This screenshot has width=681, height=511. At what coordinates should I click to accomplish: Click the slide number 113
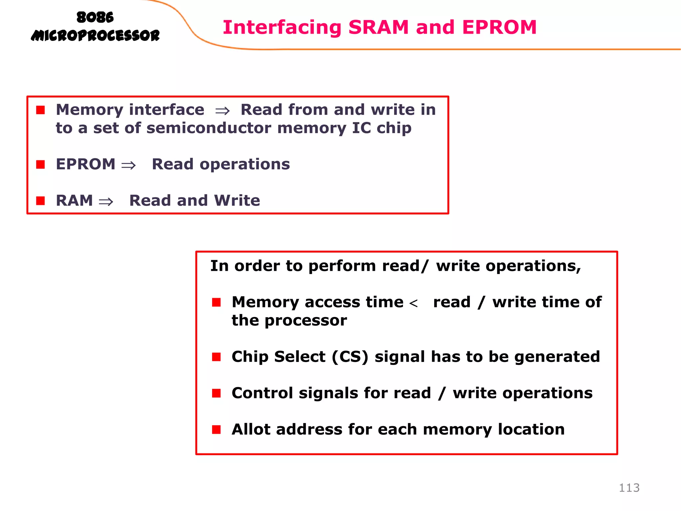(x=629, y=488)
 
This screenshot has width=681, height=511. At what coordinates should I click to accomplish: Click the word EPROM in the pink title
(x=499, y=27)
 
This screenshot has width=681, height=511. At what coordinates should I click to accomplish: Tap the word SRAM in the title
(x=378, y=27)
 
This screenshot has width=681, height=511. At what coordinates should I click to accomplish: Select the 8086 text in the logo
(x=95, y=17)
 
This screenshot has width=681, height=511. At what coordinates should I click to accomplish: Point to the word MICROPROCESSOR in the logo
(x=95, y=36)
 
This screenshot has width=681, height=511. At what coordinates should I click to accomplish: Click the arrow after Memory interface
(x=222, y=111)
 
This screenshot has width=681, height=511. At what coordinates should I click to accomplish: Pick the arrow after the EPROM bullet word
(x=128, y=165)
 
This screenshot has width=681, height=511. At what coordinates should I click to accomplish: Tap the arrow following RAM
(x=106, y=201)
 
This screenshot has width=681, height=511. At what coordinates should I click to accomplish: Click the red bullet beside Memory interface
(x=41, y=110)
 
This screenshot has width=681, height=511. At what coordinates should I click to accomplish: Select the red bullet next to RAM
(x=41, y=201)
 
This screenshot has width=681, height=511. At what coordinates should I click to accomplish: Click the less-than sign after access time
(x=413, y=303)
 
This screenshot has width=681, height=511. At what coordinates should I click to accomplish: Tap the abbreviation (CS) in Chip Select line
(x=350, y=357)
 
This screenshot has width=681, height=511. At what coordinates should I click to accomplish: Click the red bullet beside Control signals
(x=216, y=393)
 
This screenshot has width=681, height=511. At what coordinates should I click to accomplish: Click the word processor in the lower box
(x=306, y=320)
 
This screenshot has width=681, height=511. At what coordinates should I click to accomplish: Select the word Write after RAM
(x=237, y=201)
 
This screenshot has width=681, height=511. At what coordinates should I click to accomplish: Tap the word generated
(x=557, y=357)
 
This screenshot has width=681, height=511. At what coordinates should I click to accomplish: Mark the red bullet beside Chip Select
(x=216, y=357)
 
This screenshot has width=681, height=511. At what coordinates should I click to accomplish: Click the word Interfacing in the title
(x=282, y=27)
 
